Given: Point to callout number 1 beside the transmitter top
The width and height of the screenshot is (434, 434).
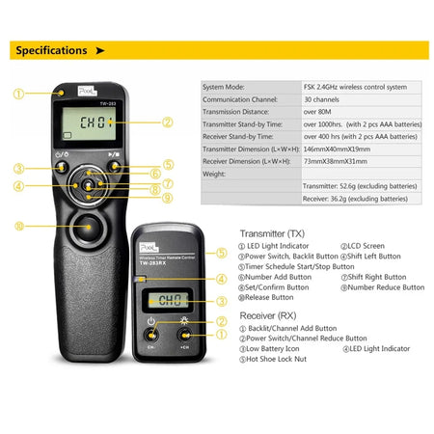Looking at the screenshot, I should [x=18, y=95].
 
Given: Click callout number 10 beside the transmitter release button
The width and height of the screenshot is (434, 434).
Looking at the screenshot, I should [x=18, y=227].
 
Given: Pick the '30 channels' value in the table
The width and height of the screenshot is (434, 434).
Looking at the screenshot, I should [x=323, y=98].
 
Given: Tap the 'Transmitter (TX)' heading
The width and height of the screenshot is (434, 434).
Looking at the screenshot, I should [x=276, y=232].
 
